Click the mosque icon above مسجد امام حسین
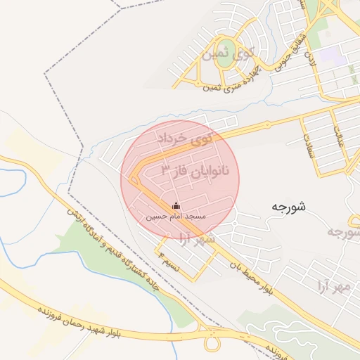point(176,206)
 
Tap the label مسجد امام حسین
point(176,217)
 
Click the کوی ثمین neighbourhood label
point(226,51)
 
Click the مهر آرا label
point(333,286)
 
